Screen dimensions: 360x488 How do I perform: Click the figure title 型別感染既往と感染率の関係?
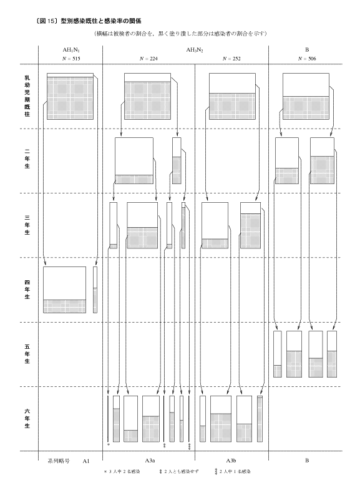[x=101, y=21]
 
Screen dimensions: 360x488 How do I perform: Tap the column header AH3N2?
[x=195, y=50]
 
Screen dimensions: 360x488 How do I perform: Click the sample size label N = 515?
[x=71, y=59]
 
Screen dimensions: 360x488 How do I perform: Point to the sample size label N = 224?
[x=148, y=59]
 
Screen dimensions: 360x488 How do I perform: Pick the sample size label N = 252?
[x=232, y=59]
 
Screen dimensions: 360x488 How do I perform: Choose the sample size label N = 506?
[x=307, y=59]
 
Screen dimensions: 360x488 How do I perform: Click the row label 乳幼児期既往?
[x=27, y=96]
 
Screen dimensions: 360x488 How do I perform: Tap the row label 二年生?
[x=27, y=159]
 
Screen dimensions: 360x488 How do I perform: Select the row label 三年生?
[x=27, y=225]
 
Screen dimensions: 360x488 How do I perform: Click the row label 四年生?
[x=27, y=290]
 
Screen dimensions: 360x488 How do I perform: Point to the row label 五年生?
[x=27, y=354]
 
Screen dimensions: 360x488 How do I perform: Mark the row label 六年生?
[x=27, y=418]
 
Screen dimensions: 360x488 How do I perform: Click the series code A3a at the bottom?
[x=150, y=461]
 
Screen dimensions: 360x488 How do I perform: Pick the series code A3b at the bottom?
[x=231, y=461]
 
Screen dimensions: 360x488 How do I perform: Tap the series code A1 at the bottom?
[x=86, y=461]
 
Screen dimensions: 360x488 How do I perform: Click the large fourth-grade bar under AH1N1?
[x=65, y=290]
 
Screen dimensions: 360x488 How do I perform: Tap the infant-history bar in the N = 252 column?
[x=232, y=97]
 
